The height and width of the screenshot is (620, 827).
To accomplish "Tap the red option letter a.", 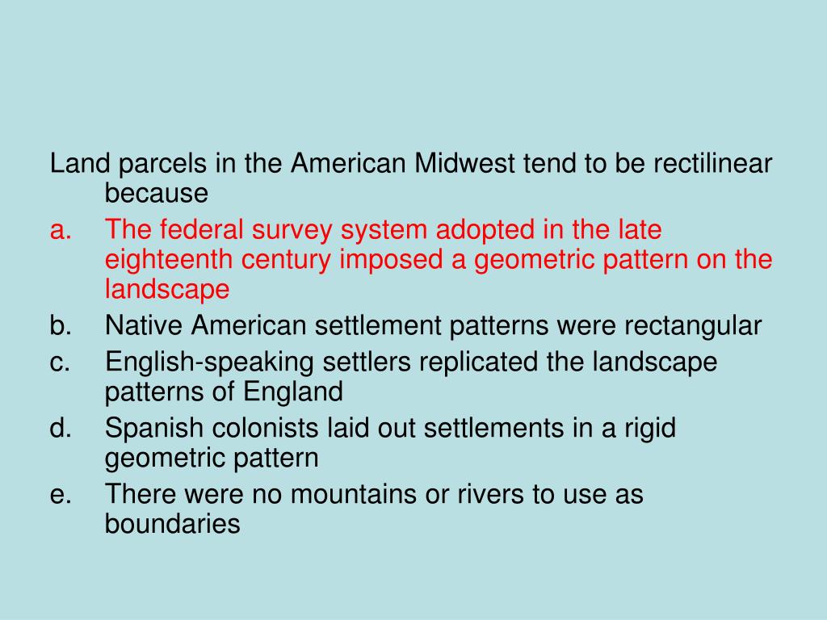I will point(60,231).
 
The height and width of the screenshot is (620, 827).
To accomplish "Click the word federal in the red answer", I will point(199,231).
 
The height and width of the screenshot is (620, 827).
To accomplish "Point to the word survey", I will point(294,231).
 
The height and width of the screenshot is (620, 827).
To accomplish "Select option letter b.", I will point(60,326).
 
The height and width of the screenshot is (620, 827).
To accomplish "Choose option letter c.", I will point(60,362).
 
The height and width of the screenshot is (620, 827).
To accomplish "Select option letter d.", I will point(60,429).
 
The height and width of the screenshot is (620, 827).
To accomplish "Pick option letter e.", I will point(60,495).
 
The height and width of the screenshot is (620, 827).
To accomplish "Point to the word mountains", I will point(354,495).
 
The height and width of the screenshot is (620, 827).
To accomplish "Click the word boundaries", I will point(172,525).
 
